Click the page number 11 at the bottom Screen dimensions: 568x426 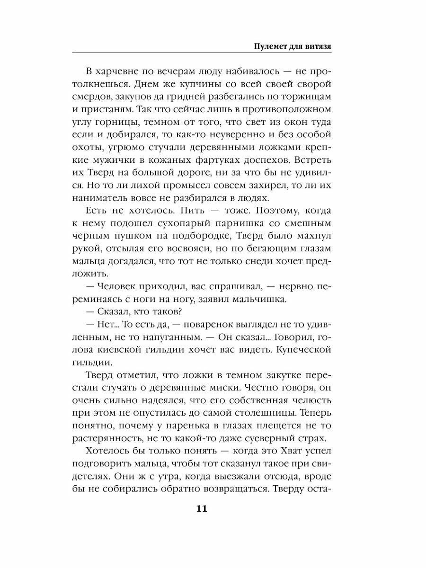coord(201,509)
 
